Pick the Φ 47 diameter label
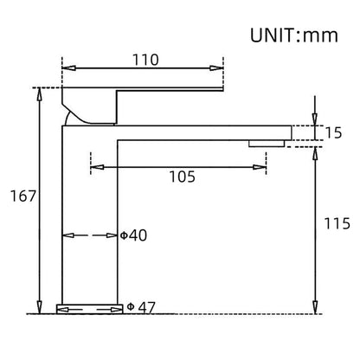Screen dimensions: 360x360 click(x=140, y=306)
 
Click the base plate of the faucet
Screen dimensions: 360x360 click(x=89, y=308)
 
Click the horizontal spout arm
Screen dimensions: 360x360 click(x=208, y=132)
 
